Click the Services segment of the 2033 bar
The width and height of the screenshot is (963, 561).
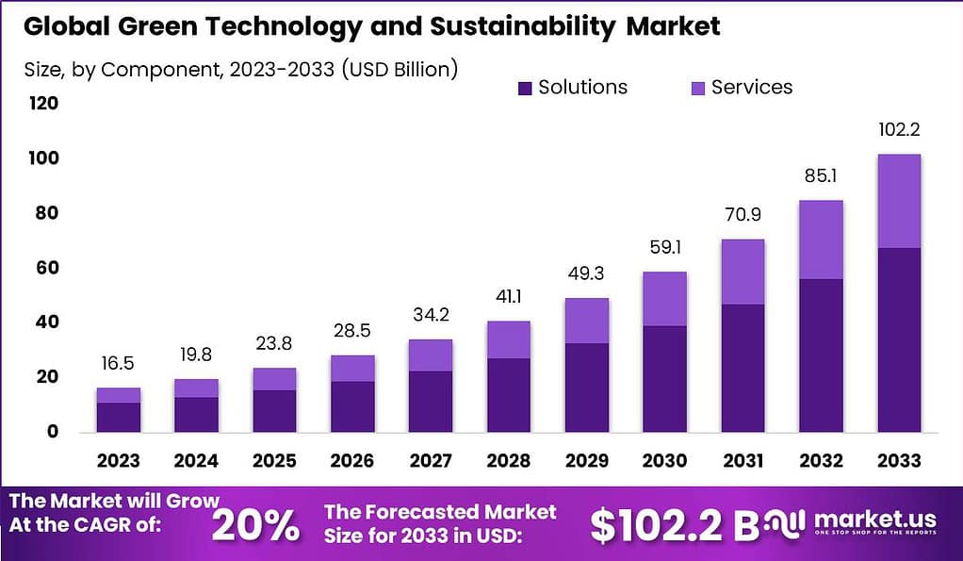(898, 201)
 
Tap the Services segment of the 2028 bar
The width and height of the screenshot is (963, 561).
(508, 339)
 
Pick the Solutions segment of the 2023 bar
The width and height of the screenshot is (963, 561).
(119, 417)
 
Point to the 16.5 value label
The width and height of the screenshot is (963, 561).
(119, 364)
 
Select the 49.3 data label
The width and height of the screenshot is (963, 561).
(586, 274)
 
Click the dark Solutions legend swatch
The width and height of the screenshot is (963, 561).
(526, 88)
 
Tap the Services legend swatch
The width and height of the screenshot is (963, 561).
(698, 88)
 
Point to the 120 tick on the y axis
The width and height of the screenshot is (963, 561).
(43, 103)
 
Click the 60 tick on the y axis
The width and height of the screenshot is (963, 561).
(48, 268)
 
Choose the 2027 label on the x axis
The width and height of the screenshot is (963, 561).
(430, 460)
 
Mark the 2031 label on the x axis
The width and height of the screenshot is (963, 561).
(743, 460)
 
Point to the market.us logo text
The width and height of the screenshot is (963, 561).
(873, 520)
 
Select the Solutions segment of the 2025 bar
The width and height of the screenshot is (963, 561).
(274, 410)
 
